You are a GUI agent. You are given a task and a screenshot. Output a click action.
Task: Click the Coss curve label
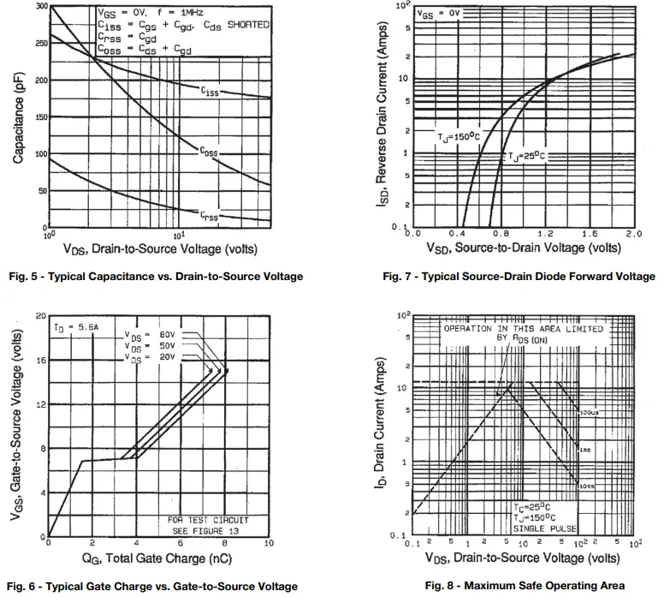click(x=210, y=152)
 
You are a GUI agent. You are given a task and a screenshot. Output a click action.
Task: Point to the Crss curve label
click(x=209, y=217)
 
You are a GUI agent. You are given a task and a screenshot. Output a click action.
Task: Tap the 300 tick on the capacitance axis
click(x=41, y=6)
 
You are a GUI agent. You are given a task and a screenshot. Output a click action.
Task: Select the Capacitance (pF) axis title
click(x=18, y=118)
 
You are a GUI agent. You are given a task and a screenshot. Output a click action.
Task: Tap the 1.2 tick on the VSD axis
click(x=545, y=233)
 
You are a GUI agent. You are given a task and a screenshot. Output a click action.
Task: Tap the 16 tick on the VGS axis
click(x=40, y=360)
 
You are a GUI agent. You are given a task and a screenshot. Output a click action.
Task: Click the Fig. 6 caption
click(x=152, y=587)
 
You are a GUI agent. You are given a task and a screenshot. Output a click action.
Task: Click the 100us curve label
click(x=587, y=413)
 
